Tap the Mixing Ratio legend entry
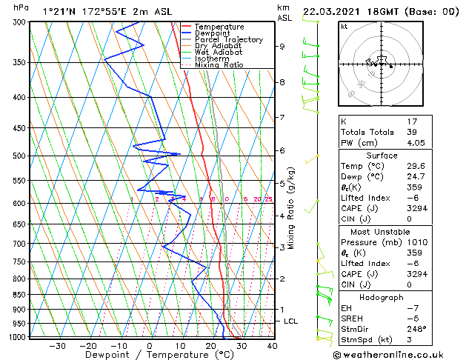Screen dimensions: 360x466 click(219, 65)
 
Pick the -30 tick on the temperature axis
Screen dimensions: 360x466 click(57, 345)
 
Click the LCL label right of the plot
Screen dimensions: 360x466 click(290, 321)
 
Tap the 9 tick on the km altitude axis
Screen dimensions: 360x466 click(282, 47)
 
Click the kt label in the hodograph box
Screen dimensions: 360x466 click(344, 27)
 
